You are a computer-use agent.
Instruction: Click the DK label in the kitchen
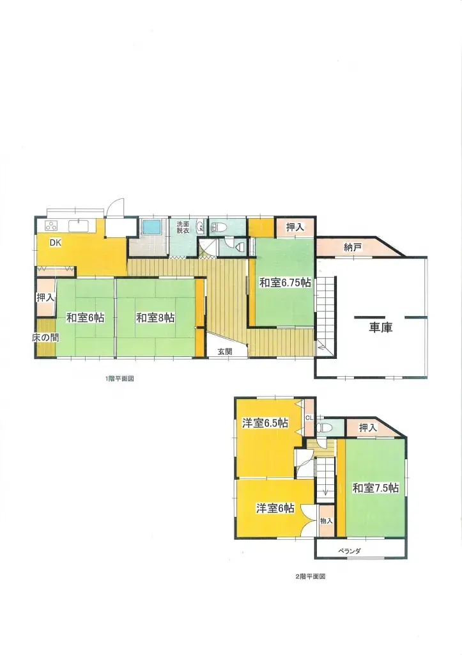[56, 242]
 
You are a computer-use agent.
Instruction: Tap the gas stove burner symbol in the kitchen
[51, 226]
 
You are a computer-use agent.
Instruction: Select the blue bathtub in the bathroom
[152, 228]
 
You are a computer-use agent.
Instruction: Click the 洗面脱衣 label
[183, 227]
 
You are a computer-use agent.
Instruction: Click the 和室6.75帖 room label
[286, 283]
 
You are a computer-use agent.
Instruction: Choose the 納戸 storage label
[353, 248]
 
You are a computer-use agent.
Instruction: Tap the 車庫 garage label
[381, 327]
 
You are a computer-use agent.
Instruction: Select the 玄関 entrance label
[225, 352]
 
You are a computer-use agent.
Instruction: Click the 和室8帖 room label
[155, 318]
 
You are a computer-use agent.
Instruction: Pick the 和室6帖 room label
[86, 318]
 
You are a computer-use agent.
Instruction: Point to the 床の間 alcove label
[45, 338]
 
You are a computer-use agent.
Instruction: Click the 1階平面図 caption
[119, 379]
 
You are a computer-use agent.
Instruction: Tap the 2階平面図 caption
[311, 576]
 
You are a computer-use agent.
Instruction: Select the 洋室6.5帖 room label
[265, 423]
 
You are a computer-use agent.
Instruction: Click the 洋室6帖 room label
[275, 508]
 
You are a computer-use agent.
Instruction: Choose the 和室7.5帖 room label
[376, 487]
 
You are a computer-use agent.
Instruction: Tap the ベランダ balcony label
[350, 551]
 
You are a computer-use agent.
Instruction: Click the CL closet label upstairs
[309, 418]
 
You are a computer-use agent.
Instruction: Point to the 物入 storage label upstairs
[327, 521]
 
